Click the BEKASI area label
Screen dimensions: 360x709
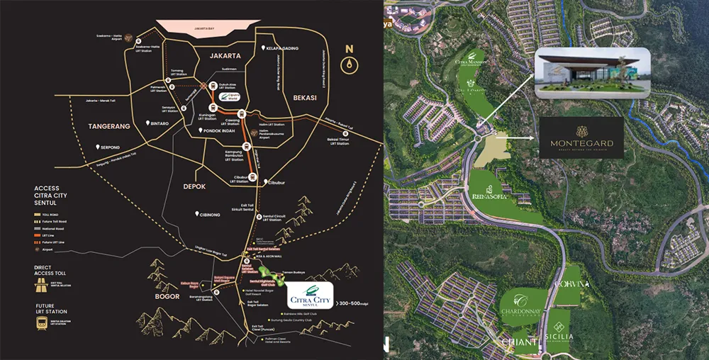click(308, 98)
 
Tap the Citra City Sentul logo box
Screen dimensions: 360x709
click(308, 296)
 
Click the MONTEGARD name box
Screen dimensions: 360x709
click(581, 138)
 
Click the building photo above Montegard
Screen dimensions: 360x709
click(592, 72)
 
